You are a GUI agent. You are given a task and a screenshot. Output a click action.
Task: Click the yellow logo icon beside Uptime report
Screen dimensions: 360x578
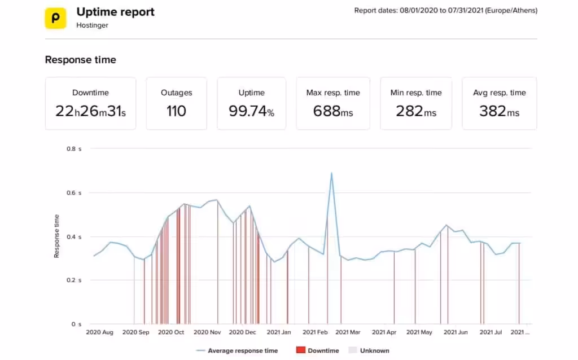point(56,17)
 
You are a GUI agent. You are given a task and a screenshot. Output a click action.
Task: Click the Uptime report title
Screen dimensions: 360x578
point(115,12)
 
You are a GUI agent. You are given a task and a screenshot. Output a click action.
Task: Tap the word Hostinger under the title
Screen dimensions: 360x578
point(93,25)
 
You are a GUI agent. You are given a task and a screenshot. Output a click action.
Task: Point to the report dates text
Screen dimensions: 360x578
point(445,10)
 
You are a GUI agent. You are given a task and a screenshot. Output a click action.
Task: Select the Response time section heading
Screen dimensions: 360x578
point(80,60)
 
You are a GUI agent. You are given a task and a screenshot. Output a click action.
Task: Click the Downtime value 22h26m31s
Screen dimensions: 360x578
point(90,111)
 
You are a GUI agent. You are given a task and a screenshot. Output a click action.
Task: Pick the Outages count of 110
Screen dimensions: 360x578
point(176,111)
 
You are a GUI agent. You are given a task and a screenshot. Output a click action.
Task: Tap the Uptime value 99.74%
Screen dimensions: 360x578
point(251,111)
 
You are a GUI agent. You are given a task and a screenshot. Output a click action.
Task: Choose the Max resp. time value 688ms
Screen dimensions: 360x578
point(333,111)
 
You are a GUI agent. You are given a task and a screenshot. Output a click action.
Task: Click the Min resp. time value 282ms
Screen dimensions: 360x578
point(416,111)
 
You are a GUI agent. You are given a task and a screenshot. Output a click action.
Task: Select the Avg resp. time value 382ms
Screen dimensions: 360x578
point(499,111)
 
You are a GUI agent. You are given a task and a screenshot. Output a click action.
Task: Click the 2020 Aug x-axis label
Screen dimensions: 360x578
point(99,333)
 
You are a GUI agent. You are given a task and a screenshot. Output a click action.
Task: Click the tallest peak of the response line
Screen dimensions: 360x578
point(331,173)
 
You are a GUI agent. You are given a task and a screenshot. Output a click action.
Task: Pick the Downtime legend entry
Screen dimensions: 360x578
point(317,350)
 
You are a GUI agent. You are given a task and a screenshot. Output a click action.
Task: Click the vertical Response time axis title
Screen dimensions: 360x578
point(57,236)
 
